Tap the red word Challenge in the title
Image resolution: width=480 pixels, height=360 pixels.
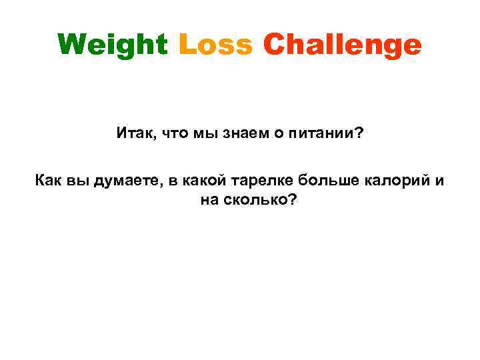(342, 45)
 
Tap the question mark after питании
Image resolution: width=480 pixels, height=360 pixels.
(359, 133)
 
